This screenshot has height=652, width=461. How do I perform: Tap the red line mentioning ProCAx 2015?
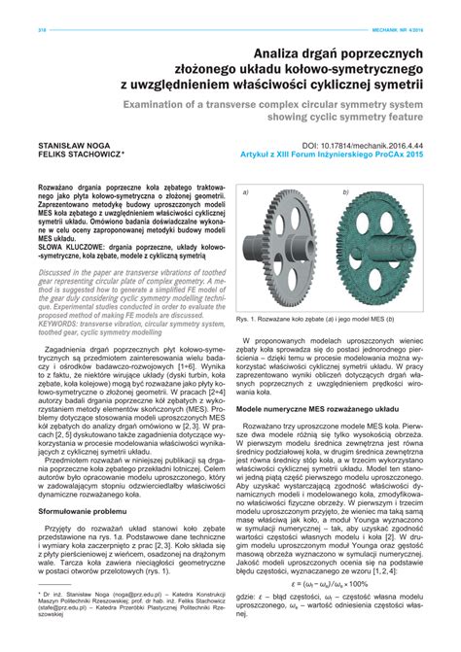(x=334, y=154)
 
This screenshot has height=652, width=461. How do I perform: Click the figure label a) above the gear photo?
(x=246, y=194)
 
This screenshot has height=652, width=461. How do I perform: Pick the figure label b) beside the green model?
(x=345, y=194)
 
